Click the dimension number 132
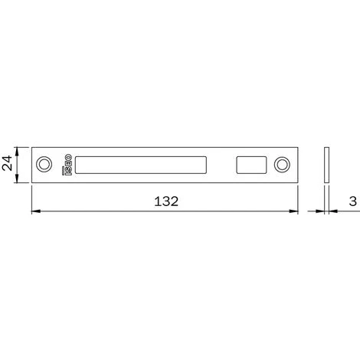(x=165, y=202)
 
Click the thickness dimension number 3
(x=350, y=202)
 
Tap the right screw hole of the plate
(x=283, y=163)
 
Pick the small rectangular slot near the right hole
(x=250, y=163)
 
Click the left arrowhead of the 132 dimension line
(x=35, y=211)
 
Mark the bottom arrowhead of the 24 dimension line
(x=20, y=178)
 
